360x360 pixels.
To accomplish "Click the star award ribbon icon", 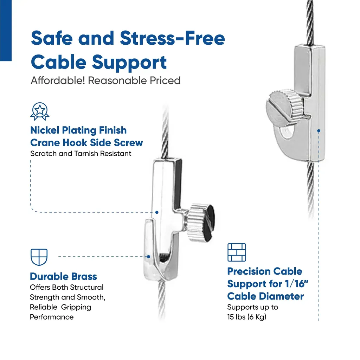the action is click(40, 111).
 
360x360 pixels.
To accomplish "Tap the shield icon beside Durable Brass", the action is click(39, 257).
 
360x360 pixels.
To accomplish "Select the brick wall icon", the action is click(237, 252).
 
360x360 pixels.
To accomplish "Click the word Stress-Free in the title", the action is click(172, 38).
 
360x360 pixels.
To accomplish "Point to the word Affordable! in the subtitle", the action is click(58, 81).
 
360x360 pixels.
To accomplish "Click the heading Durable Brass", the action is click(63, 276).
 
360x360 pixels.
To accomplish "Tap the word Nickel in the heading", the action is click(45, 130).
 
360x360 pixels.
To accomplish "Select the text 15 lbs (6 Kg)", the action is click(247, 317).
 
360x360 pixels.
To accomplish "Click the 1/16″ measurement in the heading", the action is click(296, 284).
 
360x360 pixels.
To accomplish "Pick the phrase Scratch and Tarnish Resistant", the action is click(81, 153).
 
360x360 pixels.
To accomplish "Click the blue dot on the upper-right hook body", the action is click(319, 131).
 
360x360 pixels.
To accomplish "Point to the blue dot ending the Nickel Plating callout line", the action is click(157, 212).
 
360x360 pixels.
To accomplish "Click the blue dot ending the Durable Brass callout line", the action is click(149, 257).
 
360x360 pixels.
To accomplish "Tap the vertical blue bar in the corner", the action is click(6, 31).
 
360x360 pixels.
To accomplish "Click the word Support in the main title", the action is click(129, 63).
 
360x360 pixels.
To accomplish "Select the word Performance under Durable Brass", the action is click(52, 317).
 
